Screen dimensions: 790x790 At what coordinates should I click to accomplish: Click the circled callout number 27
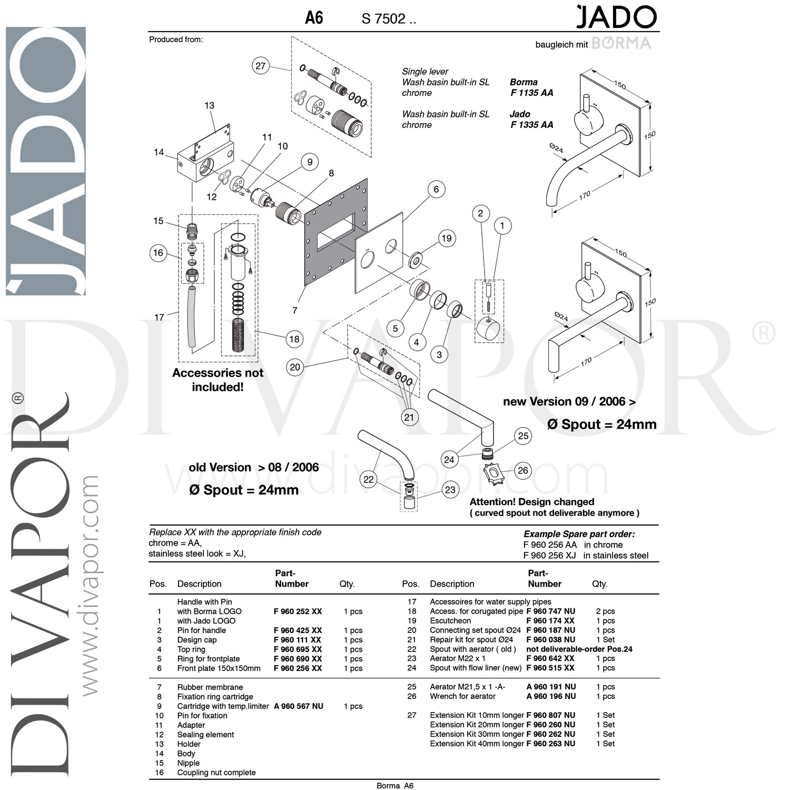click(x=261, y=66)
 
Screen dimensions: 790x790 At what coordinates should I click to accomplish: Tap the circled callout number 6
click(x=436, y=190)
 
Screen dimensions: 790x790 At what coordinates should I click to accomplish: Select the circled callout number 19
click(x=446, y=239)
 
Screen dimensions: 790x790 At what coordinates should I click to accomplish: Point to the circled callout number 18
click(x=294, y=339)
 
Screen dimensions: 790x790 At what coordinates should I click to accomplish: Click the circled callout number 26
click(x=522, y=470)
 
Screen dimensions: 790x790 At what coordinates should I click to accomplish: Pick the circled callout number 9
click(x=310, y=162)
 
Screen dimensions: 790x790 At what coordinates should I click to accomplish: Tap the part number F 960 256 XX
click(x=298, y=668)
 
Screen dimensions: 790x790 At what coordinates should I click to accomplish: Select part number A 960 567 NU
click(x=298, y=706)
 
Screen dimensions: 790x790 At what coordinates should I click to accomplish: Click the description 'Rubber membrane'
click(x=210, y=687)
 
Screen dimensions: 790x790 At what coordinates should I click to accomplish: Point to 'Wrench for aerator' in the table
click(x=462, y=696)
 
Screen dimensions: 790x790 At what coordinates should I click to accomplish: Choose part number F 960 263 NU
click(x=550, y=744)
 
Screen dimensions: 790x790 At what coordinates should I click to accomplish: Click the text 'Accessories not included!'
click(x=218, y=380)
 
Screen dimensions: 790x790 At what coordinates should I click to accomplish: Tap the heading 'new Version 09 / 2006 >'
click(x=569, y=401)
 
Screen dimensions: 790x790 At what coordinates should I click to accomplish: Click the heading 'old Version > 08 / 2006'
click(x=253, y=468)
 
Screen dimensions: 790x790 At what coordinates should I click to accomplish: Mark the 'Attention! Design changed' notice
click(x=531, y=502)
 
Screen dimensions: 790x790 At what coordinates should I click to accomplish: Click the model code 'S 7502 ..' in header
click(x=389, y=19)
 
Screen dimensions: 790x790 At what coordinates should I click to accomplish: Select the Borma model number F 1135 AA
click(x=531, y=93)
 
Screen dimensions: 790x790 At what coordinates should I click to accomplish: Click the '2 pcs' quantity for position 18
click(x=605, y=611)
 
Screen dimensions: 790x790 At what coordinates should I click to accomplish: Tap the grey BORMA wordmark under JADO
click(x=621, y=43)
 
